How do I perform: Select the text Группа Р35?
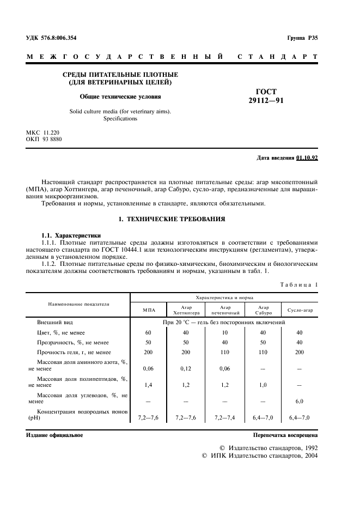click(x=302, y=38)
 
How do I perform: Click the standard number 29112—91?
click(x=266, y=101)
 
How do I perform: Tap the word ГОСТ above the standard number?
click(x=266, y=92)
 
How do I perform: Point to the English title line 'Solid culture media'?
click(x=120, y=111)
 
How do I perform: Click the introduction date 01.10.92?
click(x=307, y=158)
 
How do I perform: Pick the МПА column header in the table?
click(x=149, y=310)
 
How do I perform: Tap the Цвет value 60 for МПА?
click(x=148, y=332)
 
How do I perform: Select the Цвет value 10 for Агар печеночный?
click(x=225, y=332)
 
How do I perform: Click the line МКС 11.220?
click(x=44, y=132)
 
